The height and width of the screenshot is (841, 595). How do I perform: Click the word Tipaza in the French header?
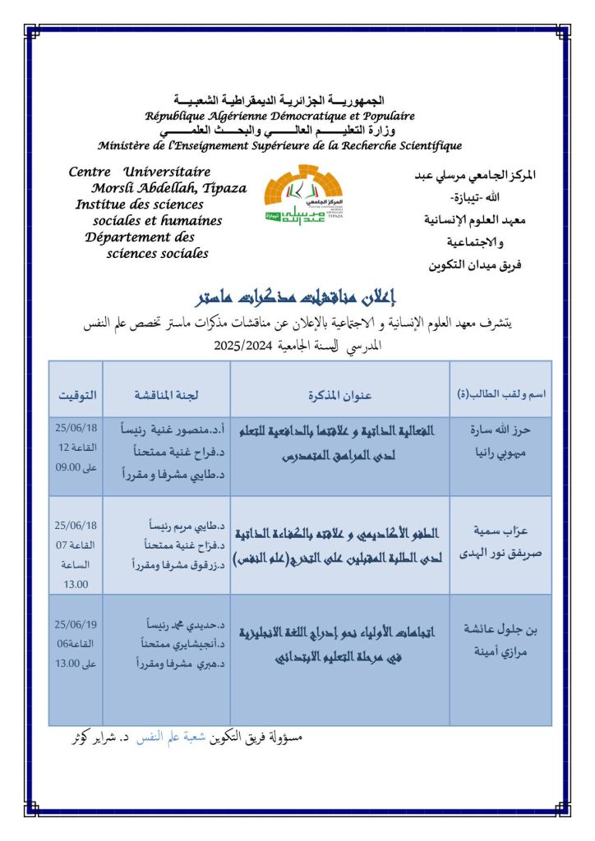224,188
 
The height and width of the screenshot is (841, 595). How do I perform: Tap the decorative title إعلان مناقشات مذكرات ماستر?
298,296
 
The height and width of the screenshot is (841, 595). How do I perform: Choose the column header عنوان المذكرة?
339,395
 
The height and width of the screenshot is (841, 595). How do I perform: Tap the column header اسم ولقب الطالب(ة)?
501,395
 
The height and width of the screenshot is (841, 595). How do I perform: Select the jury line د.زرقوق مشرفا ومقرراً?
168,563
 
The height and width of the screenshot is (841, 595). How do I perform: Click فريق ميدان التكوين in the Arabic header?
476,264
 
